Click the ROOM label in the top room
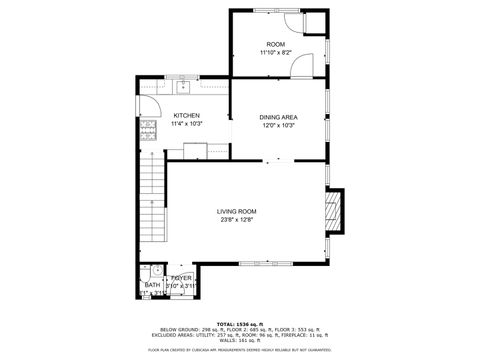pyautogui.click(x=275, y=45)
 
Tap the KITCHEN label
pyautogui.click(x=187, y=116)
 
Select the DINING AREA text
pyautogui.click(x=279, y=117)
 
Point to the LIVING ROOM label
pyautogui.click(x=238, y=211)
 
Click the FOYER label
pyautogui.click(x=181, y=278)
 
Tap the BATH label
pyautogui.click(x=152, y=285)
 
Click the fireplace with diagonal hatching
pyautogui.click(x=336, y=210)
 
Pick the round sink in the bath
pyautogui.click(x=156, y=270)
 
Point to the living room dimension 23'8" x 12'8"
pyautogui.click(x=238, y=220)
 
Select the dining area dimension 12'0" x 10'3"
pyautogui.click(x=279, y=125)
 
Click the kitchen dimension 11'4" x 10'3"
pyautogui.click(x=187, y=124)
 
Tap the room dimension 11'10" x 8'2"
pyautogui.click(x=275, y=53)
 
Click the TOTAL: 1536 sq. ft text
pyautogui.click(x=240, y=324)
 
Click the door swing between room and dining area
pyautogui.click(x=301, y=66)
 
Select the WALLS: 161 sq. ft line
pyautogui.click(x=240, y=342)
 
